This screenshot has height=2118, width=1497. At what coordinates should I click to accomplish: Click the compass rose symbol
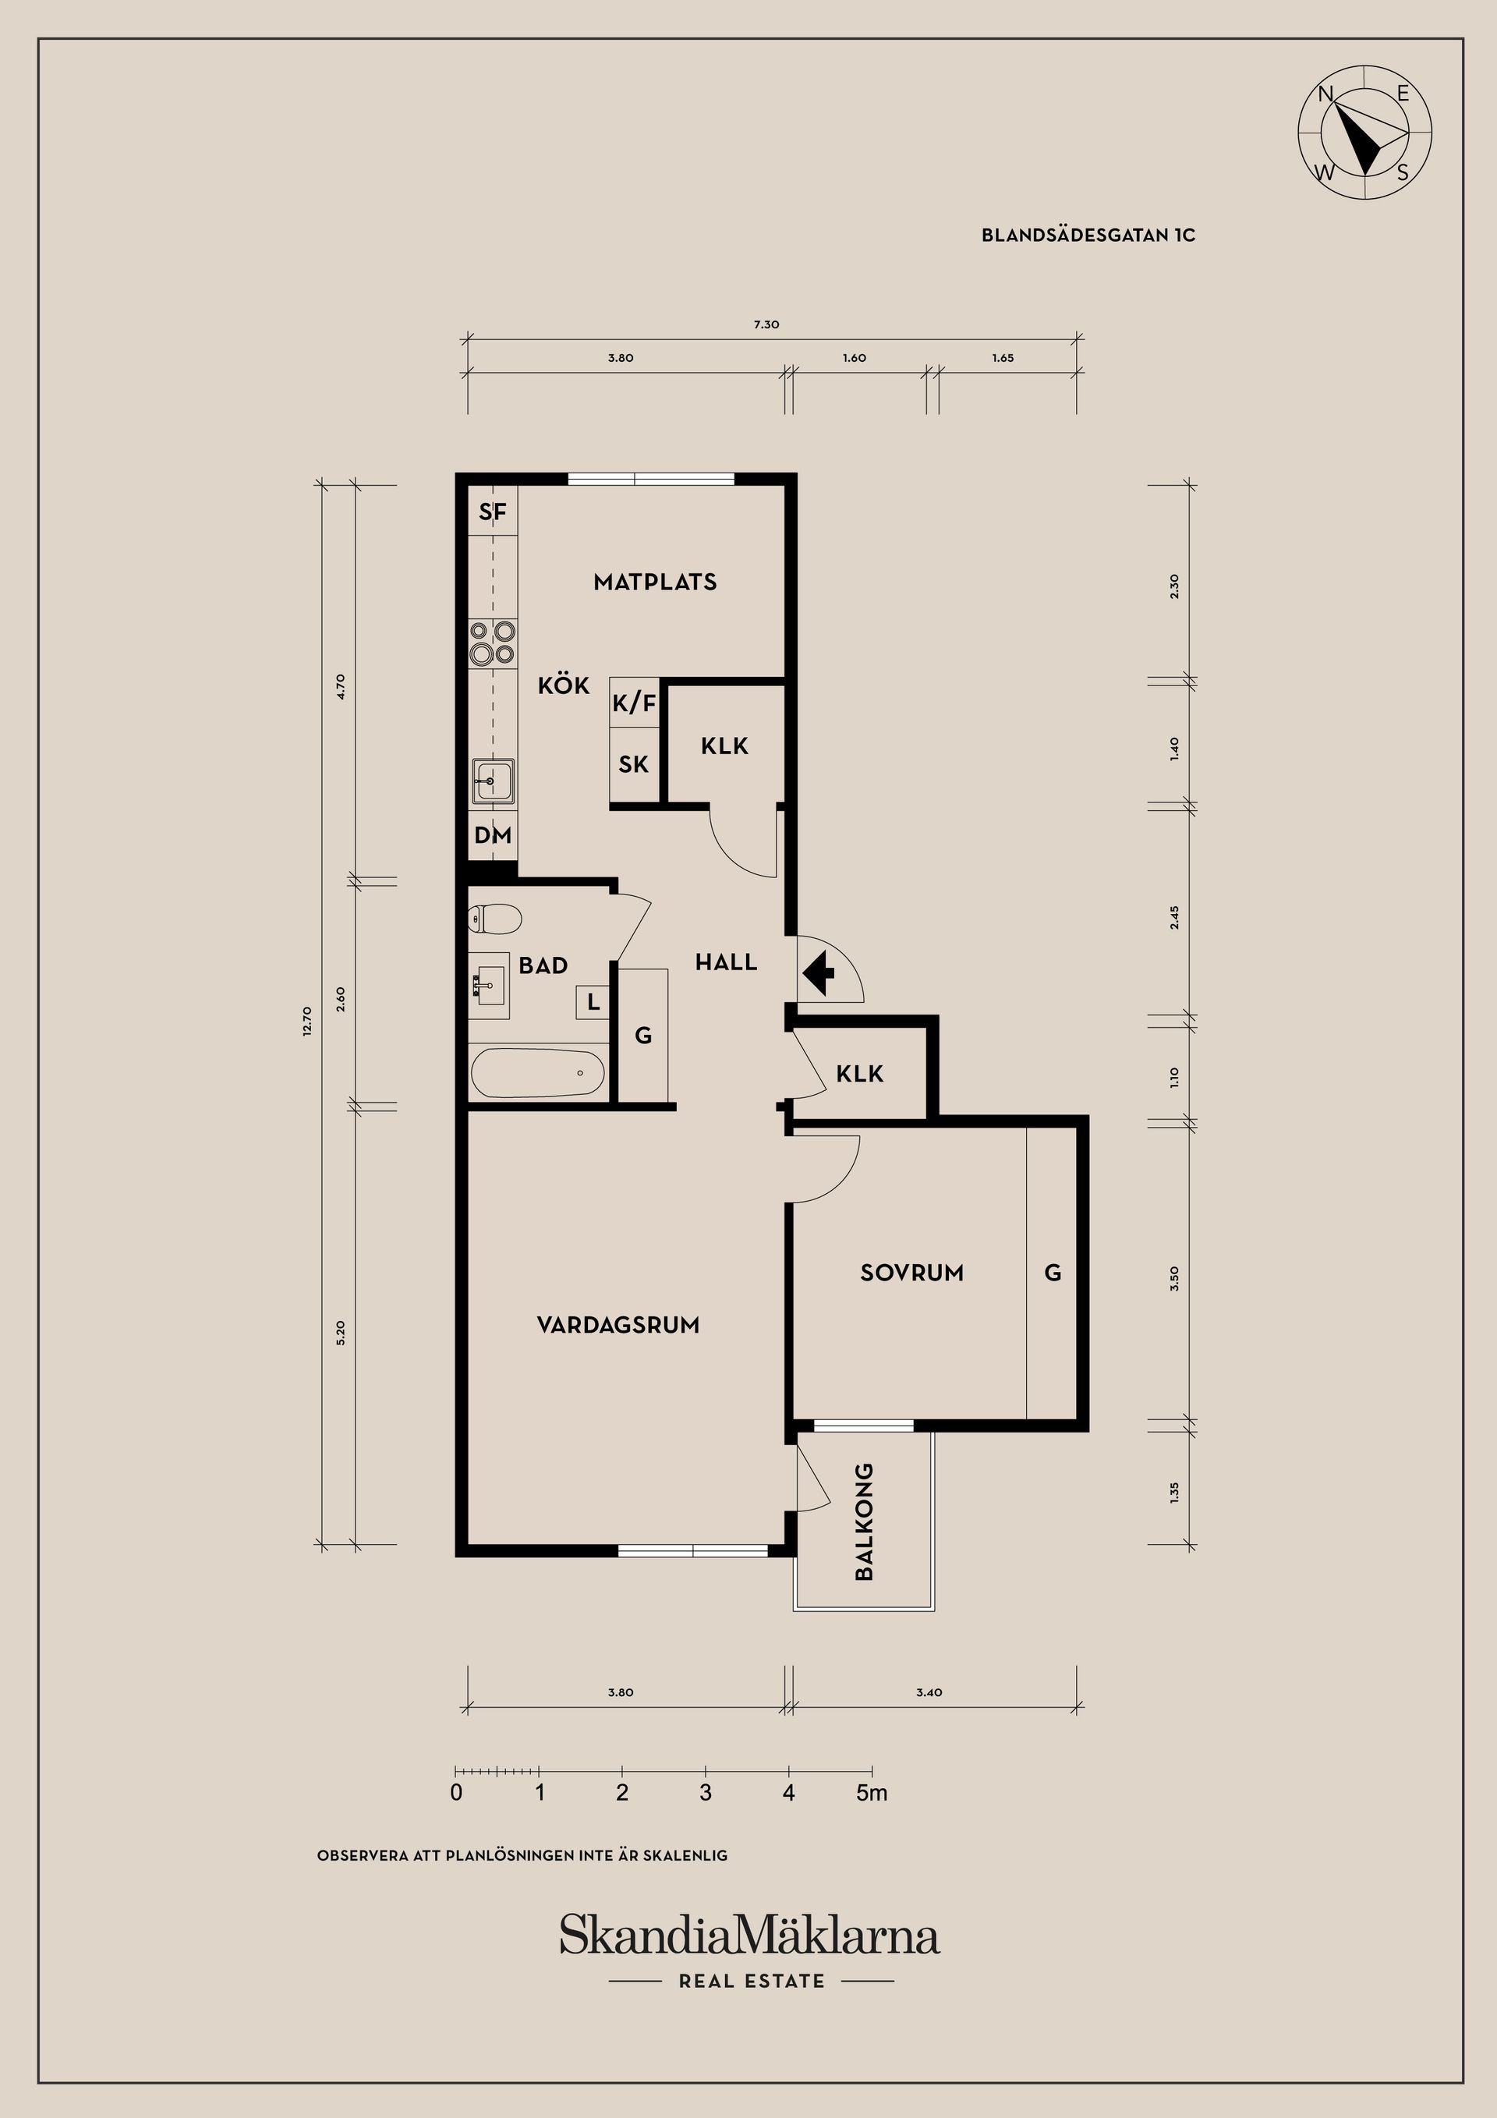click(x=1364, y=132)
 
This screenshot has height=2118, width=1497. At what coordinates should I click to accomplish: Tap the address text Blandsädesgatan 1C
click(x=1088, y=236)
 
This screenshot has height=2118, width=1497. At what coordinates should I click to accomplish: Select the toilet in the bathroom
click(x=495, y=919)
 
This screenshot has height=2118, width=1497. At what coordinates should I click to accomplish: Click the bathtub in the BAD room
click(x=537, y=1073)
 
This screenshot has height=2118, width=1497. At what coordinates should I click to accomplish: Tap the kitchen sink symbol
click(x=493, y=781)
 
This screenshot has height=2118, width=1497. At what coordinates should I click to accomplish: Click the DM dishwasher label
click(x=493, y=836)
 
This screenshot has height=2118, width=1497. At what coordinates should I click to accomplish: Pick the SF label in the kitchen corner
click(x=493, y=512)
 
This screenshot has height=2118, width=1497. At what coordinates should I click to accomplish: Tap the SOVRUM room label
click(x=911, y=1273)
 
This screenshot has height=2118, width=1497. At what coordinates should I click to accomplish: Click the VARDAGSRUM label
click(x=618, y=1326)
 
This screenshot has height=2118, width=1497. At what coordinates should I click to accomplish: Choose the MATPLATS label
click(x=655, y=582)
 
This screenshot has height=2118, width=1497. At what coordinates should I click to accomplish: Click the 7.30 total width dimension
click(x=766, y=324)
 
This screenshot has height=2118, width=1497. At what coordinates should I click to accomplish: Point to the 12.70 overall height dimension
click(x=307, y=1022)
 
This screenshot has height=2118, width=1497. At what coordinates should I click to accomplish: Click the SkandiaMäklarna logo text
click(x=749, y=1935)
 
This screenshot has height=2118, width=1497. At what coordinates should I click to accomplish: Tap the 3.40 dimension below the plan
click(x=929, y=1693)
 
